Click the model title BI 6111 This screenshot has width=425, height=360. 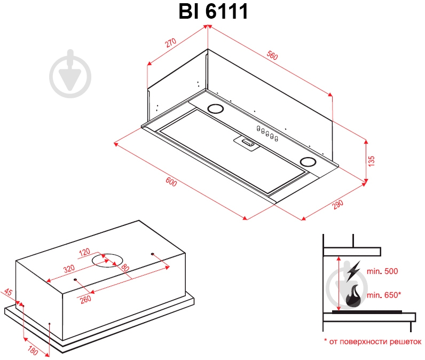click(213, 11)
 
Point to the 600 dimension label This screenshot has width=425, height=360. click(171, 182)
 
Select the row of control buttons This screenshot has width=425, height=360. click(269, 134)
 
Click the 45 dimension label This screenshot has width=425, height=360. click(9, 293)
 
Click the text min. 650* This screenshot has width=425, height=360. click(383, 295)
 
